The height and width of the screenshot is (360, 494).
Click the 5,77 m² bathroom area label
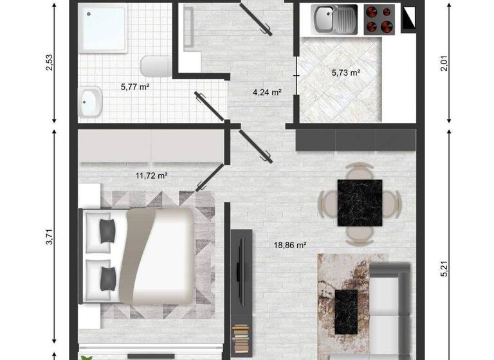(135, 85)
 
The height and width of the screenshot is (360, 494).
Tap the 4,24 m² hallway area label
(268, 92)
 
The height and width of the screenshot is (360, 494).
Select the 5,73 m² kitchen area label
(345, 73)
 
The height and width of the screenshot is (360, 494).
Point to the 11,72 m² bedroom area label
(152, 175)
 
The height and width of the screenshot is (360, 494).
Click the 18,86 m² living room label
(290, 245)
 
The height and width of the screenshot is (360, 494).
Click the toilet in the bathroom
(155, 66)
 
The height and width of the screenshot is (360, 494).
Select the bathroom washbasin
(91, 102)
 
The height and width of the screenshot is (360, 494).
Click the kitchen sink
(334, 19)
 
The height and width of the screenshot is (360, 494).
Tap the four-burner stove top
(379, 19)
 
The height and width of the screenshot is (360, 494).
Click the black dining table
(360, 203)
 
